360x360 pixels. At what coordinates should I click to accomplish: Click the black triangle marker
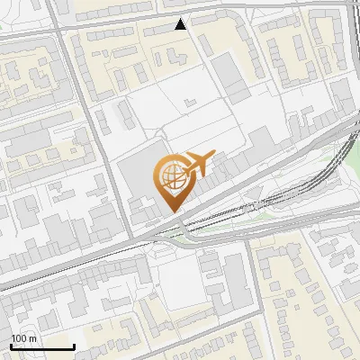pyautogui.click(x=181, y=25)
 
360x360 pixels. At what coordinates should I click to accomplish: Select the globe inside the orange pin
pyautogui.click(x=171, y=176)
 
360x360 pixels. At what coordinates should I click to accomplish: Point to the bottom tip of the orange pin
pyautogui.click(x=171, y=212)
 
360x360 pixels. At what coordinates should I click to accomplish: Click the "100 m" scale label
pyautogui.click(x=23, y=338)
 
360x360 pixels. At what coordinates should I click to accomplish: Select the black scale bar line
pyautogui.click(x=42, y=346)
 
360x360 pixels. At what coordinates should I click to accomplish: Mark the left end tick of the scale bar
pyautogui.click(x=11, y=346)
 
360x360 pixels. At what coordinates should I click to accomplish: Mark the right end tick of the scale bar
pyautogui.click(x=74, y=346)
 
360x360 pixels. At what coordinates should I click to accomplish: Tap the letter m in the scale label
pyautogui.click(x=32, y=338)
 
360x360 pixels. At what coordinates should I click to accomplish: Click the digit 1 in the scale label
pyautogui.click(x=13, y=338)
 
